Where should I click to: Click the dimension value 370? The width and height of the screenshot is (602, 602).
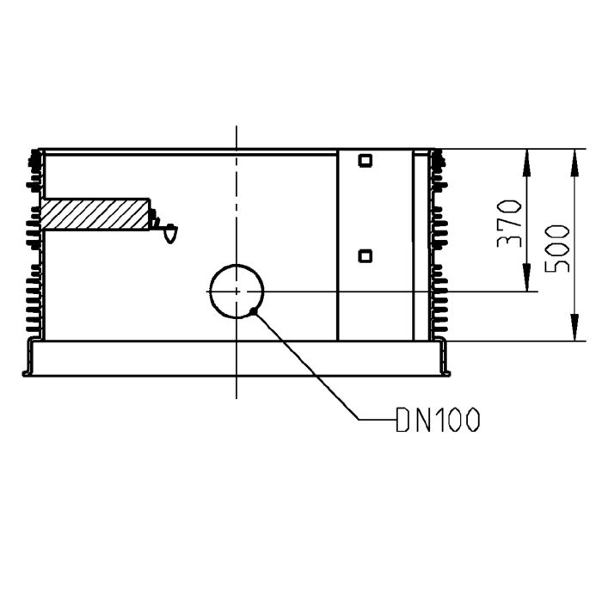pyautogui.click(x=509, y=224)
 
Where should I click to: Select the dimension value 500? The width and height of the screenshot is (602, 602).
pyautogui.click(x=557, y=248)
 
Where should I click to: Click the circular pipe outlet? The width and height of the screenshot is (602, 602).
pyautogui.click(x=236, y=292)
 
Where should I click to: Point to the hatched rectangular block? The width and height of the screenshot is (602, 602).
pyautogui.click(x=95, y=214)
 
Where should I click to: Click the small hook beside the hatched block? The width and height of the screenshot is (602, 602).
pyautogui.click(x=169, y=231)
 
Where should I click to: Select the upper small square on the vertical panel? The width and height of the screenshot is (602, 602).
pyautogui.click(x=365, y=161)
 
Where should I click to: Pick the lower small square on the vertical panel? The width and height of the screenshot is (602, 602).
pyautogui.click(x=365, y=255)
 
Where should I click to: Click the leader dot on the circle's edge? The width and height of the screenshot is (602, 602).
pyautogui.click(x=252, y=310)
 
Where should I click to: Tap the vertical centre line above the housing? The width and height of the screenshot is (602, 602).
pyautogui.click(x=236, y=138)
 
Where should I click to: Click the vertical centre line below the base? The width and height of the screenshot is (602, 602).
pyautogui.click(x=236, y=389)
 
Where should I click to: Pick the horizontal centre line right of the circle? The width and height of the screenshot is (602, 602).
pyautogui.click(x=387, y=292)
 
